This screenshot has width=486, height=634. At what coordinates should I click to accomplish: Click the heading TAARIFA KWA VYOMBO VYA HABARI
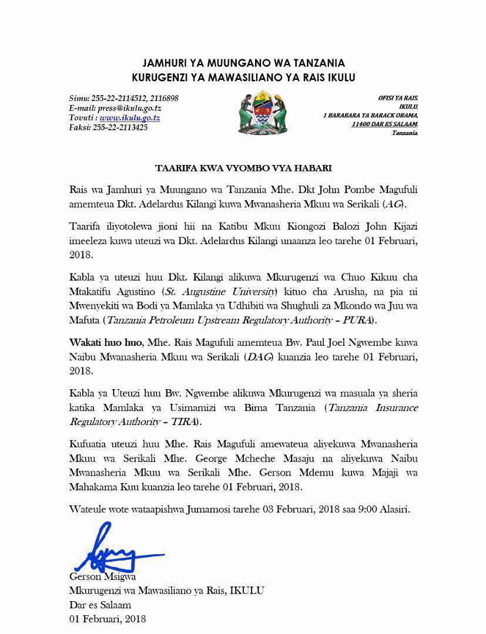(243, 168)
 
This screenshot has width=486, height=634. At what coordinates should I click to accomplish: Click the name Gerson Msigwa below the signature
(102, 577)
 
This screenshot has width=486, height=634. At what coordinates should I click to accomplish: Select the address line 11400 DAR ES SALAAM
(384, 124)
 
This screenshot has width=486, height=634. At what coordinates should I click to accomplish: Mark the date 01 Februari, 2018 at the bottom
(108, 619)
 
